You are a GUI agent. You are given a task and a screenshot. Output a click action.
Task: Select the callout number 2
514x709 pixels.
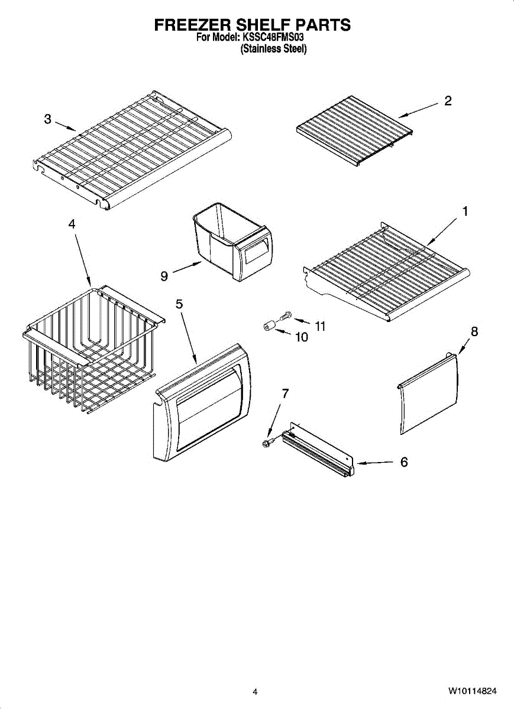pos(448,101)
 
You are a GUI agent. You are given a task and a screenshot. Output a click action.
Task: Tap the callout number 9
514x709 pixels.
pos(164,275)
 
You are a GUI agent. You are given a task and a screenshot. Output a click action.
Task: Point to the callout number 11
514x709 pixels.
pos(320,326)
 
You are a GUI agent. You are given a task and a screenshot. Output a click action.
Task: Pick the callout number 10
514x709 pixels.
pos(302,338)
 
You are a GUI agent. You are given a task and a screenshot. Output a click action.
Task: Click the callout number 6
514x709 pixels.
pos(404,462)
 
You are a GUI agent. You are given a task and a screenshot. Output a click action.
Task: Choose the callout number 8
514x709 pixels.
pos(474,332)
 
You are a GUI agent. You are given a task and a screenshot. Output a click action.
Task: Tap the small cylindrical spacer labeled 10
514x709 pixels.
pos(269,326)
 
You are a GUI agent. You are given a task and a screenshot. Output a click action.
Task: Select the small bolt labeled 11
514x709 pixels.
pos(284,317)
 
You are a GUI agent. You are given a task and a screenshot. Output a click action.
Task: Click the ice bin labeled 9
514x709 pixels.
pos(232,239)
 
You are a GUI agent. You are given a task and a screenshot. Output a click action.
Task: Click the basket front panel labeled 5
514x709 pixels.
pos(201,402)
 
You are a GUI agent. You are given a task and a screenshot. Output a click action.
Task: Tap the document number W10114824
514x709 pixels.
pos(471,691)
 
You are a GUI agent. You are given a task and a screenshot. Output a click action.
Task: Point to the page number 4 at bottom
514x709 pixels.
pos(255,691)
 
